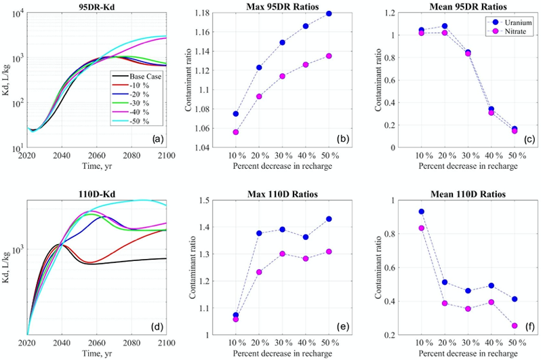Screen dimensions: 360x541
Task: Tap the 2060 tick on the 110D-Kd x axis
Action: pos(97,342)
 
